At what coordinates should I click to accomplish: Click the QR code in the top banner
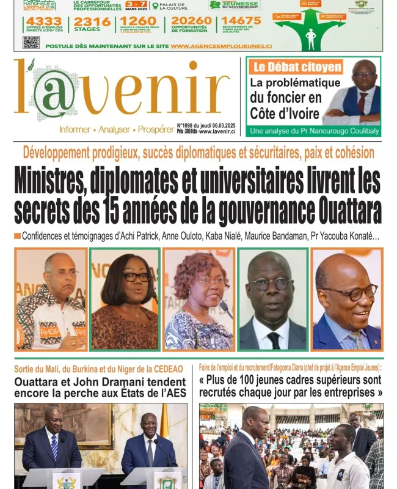coord(31,42)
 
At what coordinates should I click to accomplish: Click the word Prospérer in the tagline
coord(156,130)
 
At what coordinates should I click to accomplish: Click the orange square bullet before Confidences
coord(18,236)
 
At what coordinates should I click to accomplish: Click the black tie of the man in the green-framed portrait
coord(273,340)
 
